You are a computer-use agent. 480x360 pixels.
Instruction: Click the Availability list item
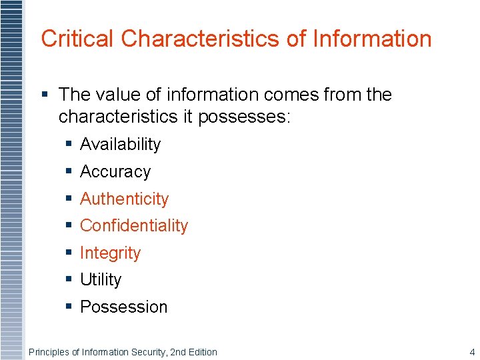click(x=120, y=145)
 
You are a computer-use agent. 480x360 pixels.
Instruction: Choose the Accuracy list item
click(x=115, y=172)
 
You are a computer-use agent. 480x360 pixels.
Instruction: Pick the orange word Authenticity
click(x=124, y=199)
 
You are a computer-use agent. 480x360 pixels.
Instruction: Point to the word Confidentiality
click(x=134, y=226)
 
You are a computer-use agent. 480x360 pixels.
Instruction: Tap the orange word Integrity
click(x=110, y=253)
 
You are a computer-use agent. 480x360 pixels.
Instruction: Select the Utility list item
click(x=101, y=280)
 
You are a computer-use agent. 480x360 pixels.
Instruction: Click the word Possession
click(x=123, y=307)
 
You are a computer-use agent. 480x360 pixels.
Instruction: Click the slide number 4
click(x=472, y=352)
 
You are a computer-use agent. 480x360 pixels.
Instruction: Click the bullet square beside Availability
click(x=69, y=145)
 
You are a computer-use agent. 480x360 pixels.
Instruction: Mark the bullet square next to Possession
click(x=69, y=307)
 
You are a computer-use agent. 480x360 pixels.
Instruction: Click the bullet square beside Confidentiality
click(x=69, y=226)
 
